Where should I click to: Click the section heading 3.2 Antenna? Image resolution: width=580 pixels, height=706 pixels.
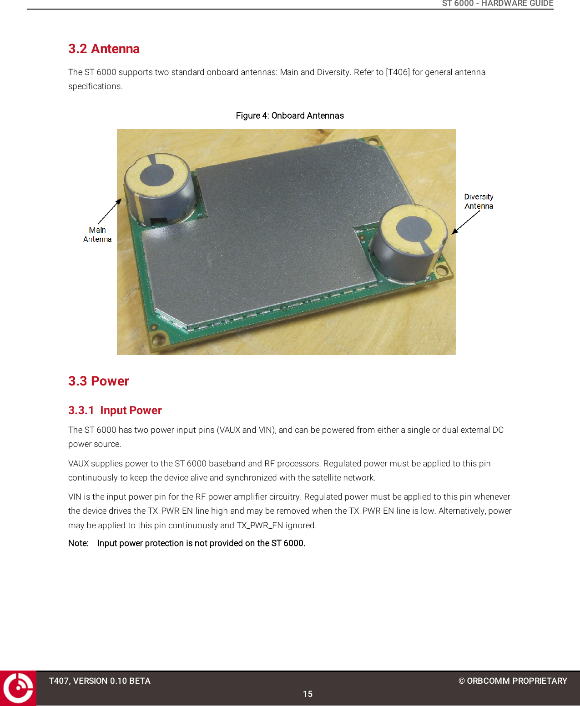pyautogui.click(x=104, y=49)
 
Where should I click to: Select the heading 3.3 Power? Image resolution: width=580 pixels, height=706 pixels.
pyautogui.click(x=98, y=381)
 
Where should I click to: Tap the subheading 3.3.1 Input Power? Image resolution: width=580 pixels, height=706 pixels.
pyautogui.click(x=115, y=410)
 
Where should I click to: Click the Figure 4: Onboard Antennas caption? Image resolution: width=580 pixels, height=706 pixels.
pyautogui.click(x=290, y=115)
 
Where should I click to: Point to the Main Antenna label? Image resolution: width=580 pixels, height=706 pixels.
pyautogui.click(x=97, y=235)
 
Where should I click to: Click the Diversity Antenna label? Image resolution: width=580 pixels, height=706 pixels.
pyautogui.click(x=479, y=201)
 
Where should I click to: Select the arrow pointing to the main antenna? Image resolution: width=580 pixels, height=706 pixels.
pyautogui.click(x=110, y=211)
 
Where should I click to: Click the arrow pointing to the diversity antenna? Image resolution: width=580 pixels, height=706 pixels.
pyautogui.click(x=465, y=223)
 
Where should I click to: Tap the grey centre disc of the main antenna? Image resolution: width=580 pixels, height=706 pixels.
pyautogui.click(x=156, y=175)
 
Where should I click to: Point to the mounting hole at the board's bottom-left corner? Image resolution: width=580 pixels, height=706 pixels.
pyautogui.click(x=158, y=339)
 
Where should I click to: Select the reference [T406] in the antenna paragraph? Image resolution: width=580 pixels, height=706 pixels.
pyautogui.click(x=398, y=72)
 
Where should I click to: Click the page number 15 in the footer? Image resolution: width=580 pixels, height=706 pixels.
pyautogui.click(x=308, y=694)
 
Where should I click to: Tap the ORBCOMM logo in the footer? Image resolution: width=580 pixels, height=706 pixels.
pyautogui.click(x=18, y=688)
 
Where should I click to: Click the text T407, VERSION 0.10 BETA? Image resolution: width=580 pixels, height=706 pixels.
pyautogui.click(x=100, y=681)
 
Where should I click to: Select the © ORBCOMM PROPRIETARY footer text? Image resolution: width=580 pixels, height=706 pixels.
pyautogui.click(x=513, y=681)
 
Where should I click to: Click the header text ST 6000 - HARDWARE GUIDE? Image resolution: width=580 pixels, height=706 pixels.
pyautogui.click(x=497, y=4)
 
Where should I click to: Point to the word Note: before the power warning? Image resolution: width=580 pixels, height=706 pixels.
pyautogui.click(x=78, y=543)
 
